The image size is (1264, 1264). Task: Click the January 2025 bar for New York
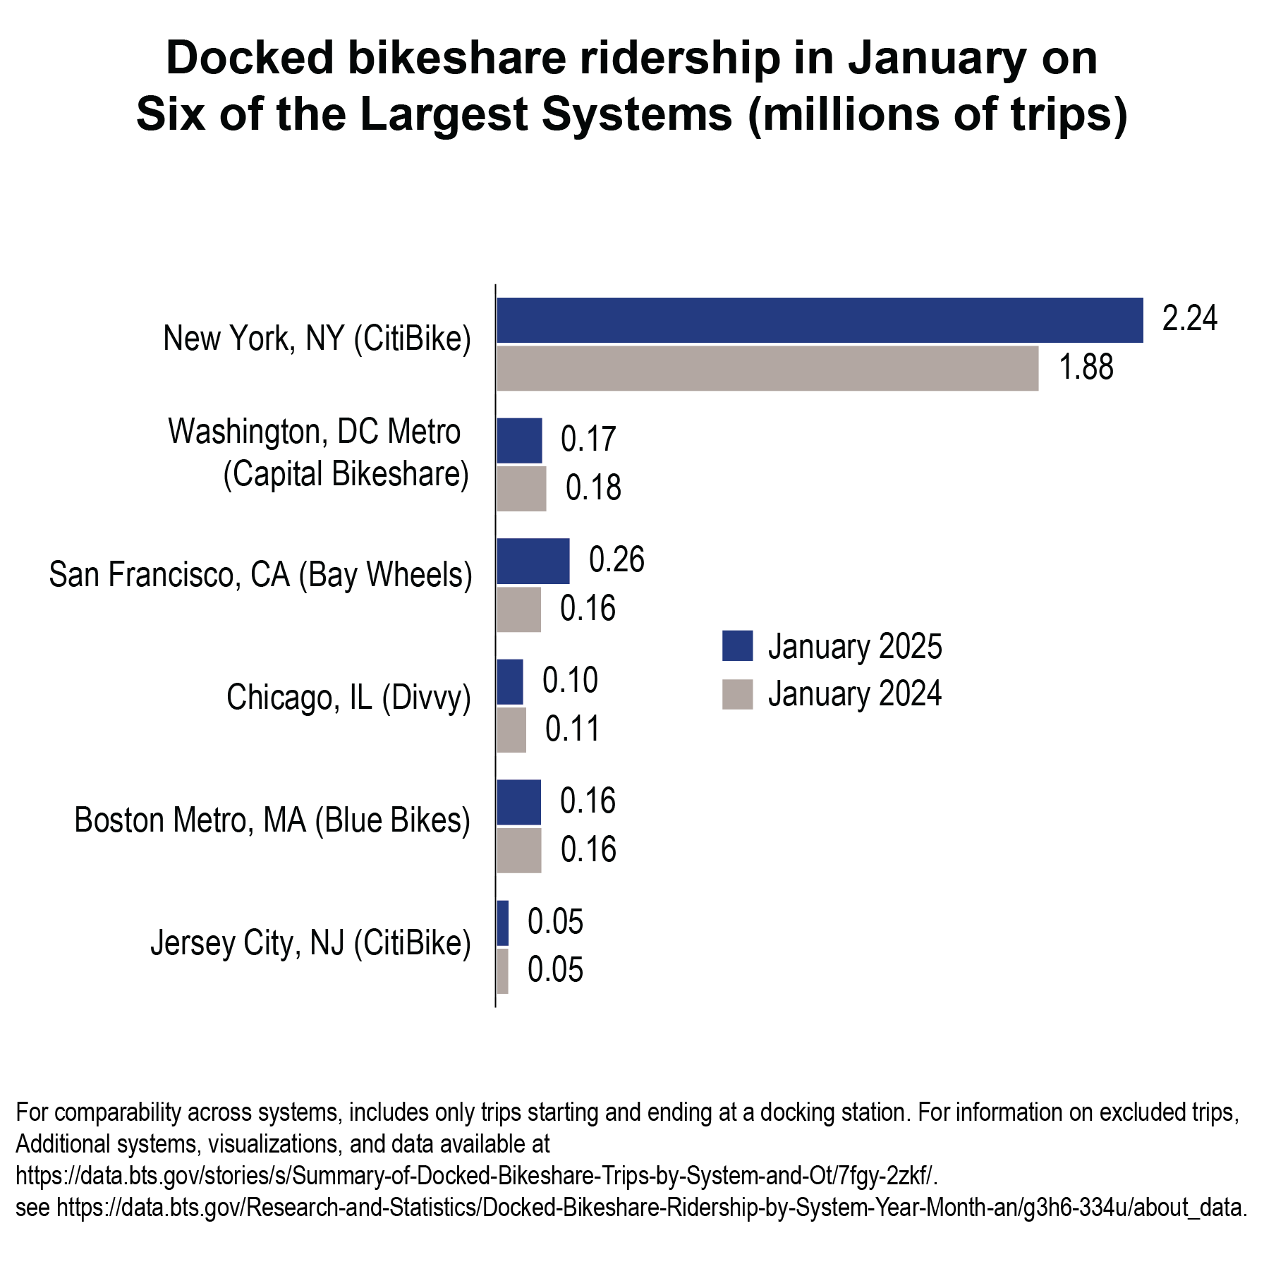(820, 320)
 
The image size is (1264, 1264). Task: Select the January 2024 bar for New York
(767, 368)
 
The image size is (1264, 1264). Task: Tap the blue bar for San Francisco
(533, 561)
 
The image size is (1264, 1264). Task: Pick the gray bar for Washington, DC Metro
(521, 489)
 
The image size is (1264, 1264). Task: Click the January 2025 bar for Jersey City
(503, 923)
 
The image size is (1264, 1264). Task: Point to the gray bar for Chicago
(511, 730)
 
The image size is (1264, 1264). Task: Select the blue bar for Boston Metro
(519, 803)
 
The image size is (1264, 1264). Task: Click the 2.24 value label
(1189, 319)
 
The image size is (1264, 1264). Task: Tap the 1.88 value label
(1086, 367)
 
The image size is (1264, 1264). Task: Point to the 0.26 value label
(616, 560)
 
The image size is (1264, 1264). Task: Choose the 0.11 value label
(572, 729)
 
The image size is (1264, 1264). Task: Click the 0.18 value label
(593, 488)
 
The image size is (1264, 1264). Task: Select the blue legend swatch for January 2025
(737, 646)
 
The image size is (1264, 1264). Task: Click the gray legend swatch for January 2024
(737, 694)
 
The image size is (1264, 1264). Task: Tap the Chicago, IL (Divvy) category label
(348, 698)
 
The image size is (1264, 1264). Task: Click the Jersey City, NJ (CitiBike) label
(310, 944)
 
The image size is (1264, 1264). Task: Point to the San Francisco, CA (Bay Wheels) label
(260, 575)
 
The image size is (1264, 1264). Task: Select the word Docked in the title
(250, 59)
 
